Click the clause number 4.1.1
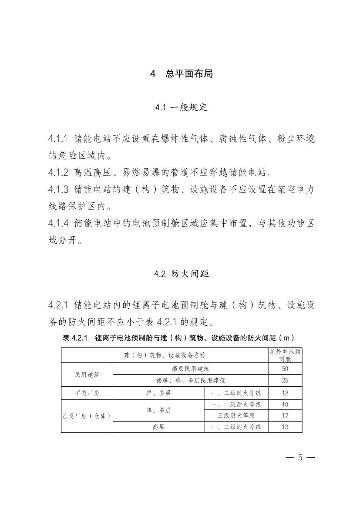tap(58, 139)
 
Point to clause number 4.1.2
tap(58, 172)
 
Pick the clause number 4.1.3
tap(58, 189)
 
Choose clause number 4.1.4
tap(58, 223)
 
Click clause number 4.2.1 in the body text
tap(58, 305)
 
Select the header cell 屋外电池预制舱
tap(285, 355)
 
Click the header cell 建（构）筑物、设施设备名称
tap(165, 355)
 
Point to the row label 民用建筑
tap(87, 375)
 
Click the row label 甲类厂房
tap(87, 393)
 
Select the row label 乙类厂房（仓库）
tap(87, 415)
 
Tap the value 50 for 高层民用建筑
tap(285, 368)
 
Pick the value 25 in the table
tap(285, 380)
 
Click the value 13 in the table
tap(285, 427)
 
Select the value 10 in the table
tap(285, 405)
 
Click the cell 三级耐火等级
tap(236, 415)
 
